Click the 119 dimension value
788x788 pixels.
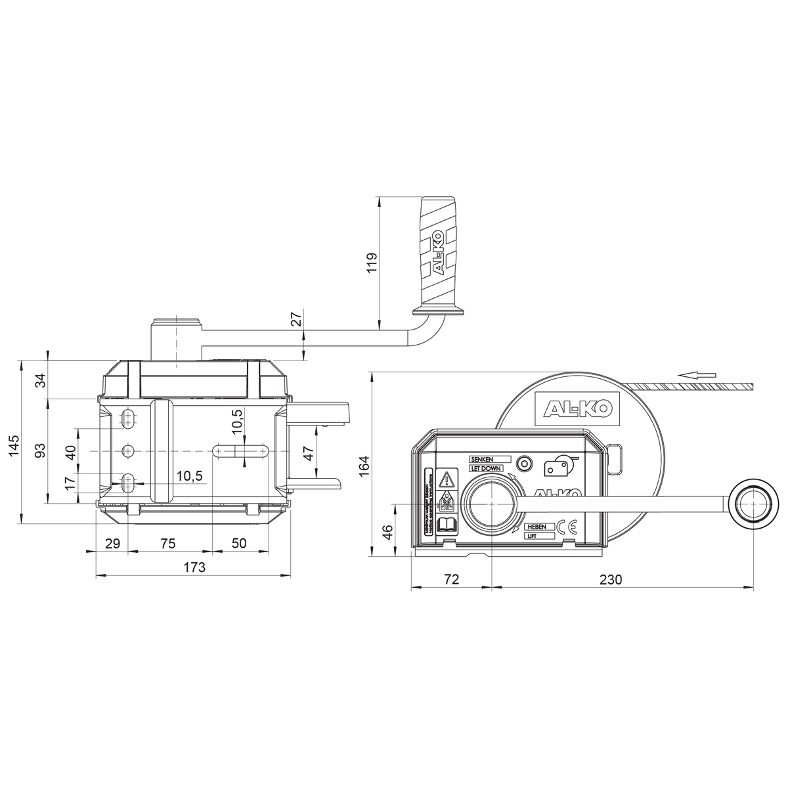click(x=371, y=263)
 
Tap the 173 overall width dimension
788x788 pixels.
click(x=194, y=567)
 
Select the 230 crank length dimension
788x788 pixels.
click(x=610, y=579)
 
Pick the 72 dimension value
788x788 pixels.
click(x=451, y=579)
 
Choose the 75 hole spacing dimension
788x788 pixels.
click(x=168, y=543)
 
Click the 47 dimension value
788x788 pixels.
click(x=309, y=453)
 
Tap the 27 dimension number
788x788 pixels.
click(x=296, y=320)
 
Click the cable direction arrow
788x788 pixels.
click(x=697, y=375)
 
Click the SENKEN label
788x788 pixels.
click(x=481, y=459)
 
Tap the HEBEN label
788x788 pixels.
click(x=536, y=527)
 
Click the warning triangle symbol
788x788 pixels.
click(x=447, y=478)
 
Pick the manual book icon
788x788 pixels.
click(x=447, y=524)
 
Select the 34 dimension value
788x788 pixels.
click(x=40, y=380)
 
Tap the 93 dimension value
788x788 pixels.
click(x=40, y=450)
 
